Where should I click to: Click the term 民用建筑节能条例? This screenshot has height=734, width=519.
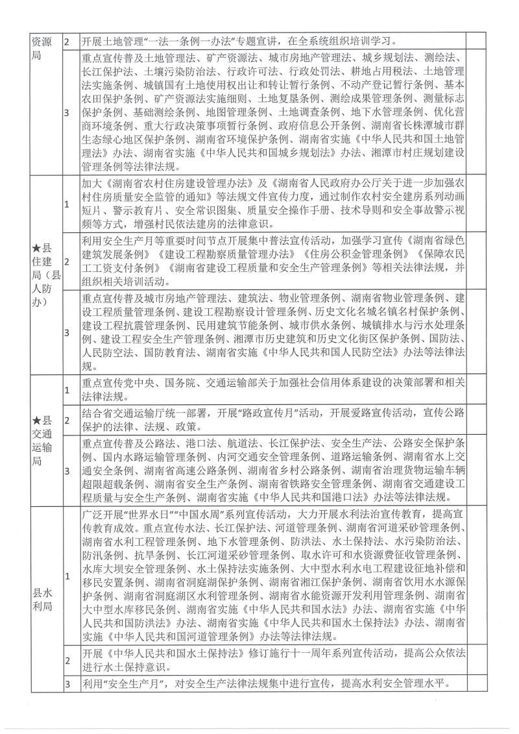coord(245,324)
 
